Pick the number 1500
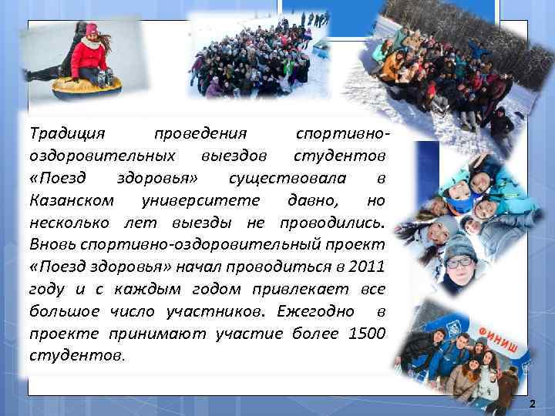(367, 334)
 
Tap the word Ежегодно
(316, 311)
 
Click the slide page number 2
(532, 403)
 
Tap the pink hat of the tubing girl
(92, 29)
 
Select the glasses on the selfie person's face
(461, 263)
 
